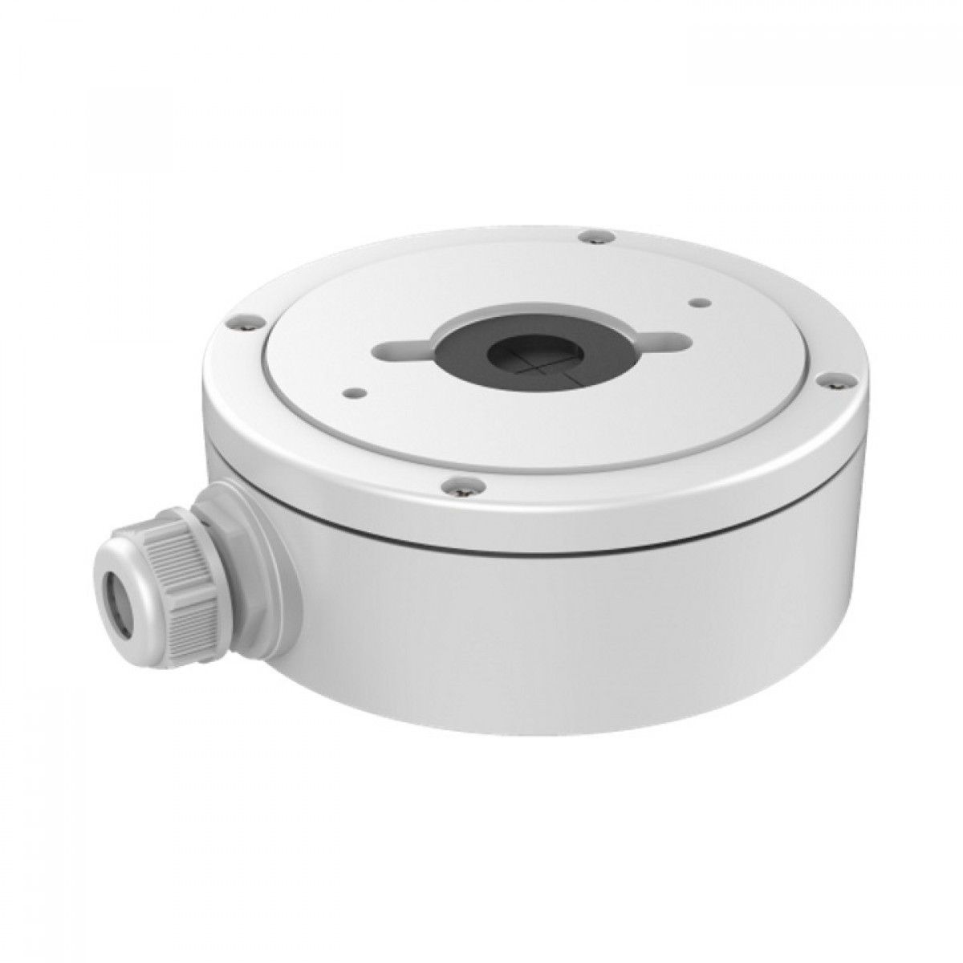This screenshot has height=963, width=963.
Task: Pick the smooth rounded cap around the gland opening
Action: (x=132, y=598)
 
